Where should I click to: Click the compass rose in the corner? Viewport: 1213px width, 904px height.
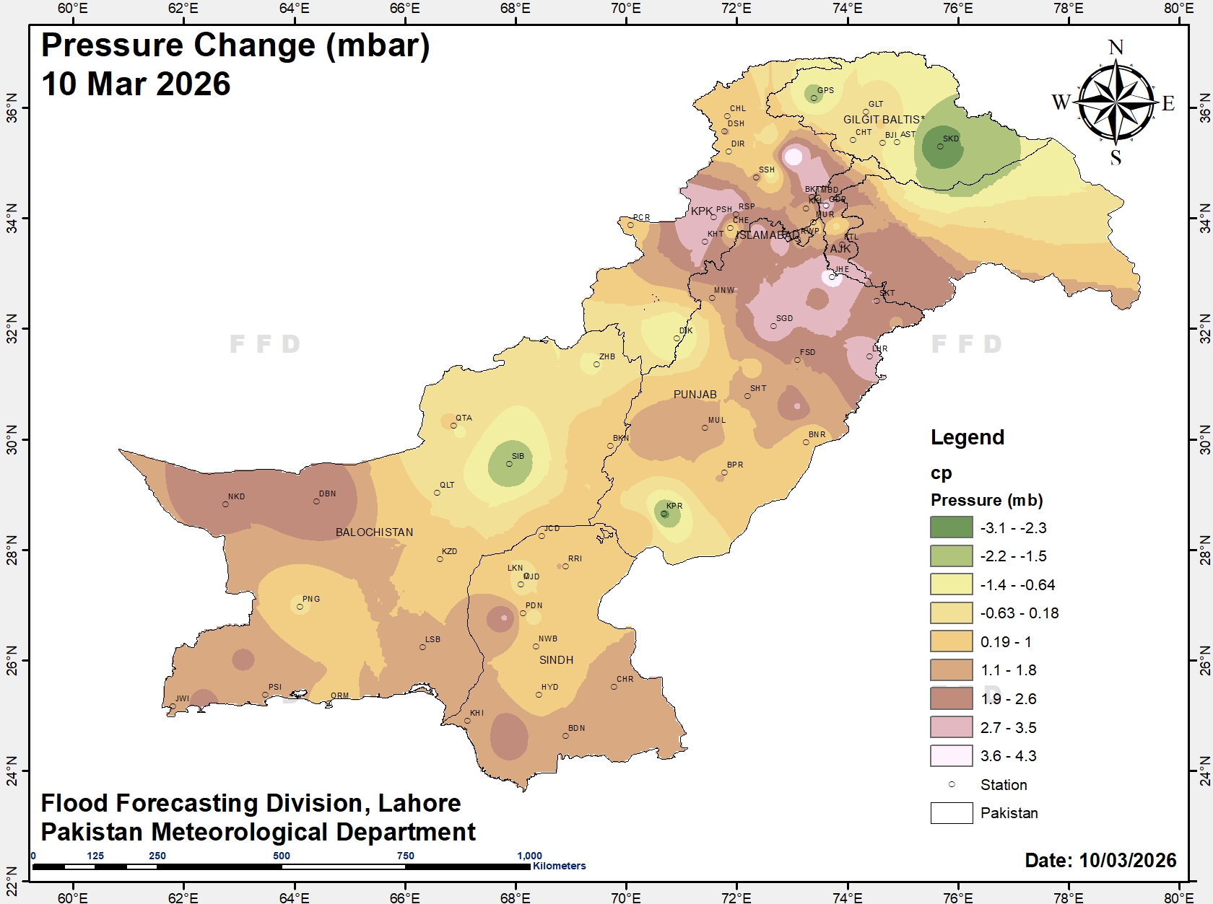click(1116, 103)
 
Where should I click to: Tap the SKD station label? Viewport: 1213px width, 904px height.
click(951, 139)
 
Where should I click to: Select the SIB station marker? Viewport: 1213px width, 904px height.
click(509, 464)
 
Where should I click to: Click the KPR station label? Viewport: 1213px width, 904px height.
click(674, 506)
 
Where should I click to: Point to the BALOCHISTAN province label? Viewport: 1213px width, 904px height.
click(374, 532)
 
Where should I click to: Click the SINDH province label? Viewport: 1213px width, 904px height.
click(556, 660)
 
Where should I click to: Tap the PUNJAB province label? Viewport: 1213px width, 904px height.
click(695, 395)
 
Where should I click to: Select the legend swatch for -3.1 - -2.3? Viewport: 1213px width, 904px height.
click(951, 527)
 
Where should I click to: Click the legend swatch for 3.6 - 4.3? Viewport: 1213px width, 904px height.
click(951, 755)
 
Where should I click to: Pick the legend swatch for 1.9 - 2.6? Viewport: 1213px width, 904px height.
click(951, 698)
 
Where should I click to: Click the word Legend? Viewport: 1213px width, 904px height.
click(967, 437)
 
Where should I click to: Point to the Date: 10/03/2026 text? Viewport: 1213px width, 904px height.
click(1100, 860)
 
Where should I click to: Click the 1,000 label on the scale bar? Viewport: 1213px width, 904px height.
click(529, 856)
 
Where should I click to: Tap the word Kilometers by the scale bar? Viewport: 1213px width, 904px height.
click(560, 866)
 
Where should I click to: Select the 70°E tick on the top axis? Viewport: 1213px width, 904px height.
click(625, 8)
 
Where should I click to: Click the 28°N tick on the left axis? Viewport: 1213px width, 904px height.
click(12, 550)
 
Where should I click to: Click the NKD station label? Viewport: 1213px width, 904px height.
click(236, 496)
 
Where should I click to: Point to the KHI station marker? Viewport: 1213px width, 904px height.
click(467, 721)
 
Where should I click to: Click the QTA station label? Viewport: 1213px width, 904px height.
click(464, 418)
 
